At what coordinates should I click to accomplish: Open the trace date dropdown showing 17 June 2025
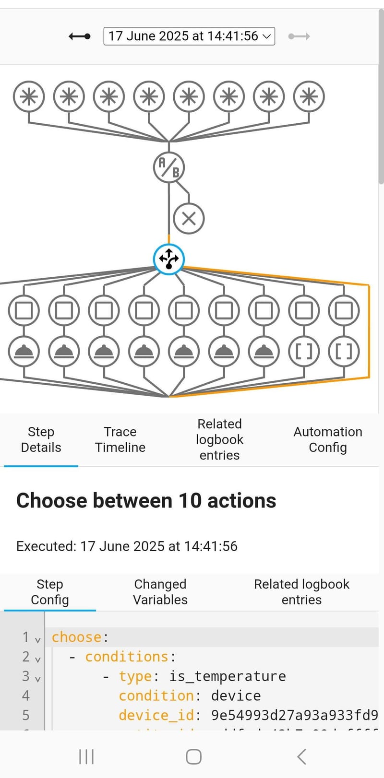click(189, 36)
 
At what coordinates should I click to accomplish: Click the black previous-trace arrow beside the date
click(79, 36)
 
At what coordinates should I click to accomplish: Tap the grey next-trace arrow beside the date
click(299, 36)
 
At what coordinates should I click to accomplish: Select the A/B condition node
click(169, 167)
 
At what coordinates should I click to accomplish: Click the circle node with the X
click(189, 219)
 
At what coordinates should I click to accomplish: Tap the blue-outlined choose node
click(169, 259)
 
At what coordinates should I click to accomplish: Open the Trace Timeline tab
click(120, 439)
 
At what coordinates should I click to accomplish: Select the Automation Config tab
click(328, 439)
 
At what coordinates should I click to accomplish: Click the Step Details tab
click(41, 439)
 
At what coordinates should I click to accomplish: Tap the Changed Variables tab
click(160, 592)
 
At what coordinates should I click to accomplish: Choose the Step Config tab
click(50, 592)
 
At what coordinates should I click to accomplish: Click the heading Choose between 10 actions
click(146, 501)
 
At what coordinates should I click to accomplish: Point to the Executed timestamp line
click(127, 546)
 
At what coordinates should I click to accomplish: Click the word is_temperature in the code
click(228, 676)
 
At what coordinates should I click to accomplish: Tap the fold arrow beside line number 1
click(38, 640)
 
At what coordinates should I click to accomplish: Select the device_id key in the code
click(156, 715)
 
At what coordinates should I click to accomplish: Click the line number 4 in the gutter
click(26, 695)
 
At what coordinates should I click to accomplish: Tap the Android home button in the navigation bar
click(193, 756)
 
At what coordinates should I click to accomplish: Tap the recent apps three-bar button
click(86, 756)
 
